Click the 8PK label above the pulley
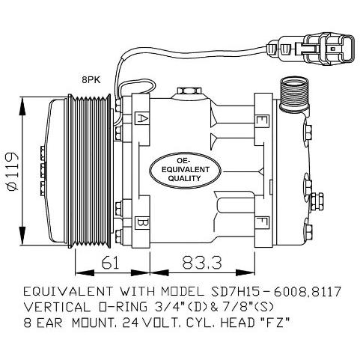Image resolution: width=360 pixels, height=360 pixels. (91, 80)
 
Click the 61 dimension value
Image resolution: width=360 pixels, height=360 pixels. (111, 262)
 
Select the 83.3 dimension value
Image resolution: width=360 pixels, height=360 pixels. (201, 263)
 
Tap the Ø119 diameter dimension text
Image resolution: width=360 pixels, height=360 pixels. (12, 171)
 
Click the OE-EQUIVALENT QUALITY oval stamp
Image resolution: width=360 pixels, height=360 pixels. (185, 170)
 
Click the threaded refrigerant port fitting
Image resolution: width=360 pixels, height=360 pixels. (294, 94)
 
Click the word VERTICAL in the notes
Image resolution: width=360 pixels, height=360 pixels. (57, 307)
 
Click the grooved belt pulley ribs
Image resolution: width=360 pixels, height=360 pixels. (89, 171)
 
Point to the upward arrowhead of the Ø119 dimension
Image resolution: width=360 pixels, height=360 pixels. (22, 106)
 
